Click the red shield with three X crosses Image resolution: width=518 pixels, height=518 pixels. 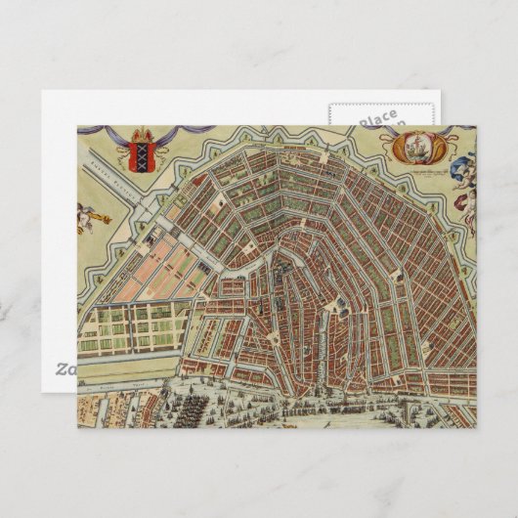click(x=141, y=154)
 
